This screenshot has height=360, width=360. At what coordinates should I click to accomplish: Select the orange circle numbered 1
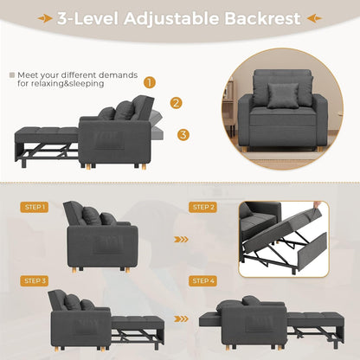tap(150, 83)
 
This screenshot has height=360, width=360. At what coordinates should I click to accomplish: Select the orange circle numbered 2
tap(176, 103)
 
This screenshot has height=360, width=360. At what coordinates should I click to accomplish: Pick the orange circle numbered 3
tap(183, 134)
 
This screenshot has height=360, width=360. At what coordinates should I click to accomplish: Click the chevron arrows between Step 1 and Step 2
tap(179, 240)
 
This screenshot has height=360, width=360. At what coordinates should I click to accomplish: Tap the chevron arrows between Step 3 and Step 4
tap(179, 316)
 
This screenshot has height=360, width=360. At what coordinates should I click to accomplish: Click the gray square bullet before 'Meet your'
tap(12, 75)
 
